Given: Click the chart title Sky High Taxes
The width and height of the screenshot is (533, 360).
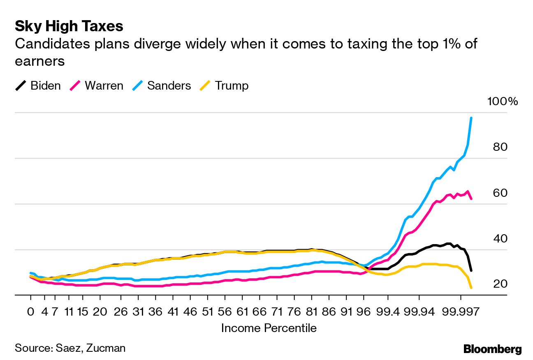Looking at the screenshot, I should coord(69,26).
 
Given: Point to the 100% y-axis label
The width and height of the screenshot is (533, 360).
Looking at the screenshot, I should coord(503,102).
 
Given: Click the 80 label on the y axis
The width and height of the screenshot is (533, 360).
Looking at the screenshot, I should coord(501,147).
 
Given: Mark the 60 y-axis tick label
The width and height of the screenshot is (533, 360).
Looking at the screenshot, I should coord(501,193).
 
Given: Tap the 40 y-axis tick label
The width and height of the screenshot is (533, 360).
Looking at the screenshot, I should coord(501,238).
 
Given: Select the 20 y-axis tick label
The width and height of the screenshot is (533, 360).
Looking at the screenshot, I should coord(501,284).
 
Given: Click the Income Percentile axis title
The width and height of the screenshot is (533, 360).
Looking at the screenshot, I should coord(269,328).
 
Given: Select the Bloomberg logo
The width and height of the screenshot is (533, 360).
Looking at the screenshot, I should coord(492,349).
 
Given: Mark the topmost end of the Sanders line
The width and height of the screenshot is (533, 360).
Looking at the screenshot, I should coord(471,118).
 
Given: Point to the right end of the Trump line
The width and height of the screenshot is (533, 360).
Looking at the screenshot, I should coord(471,288).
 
